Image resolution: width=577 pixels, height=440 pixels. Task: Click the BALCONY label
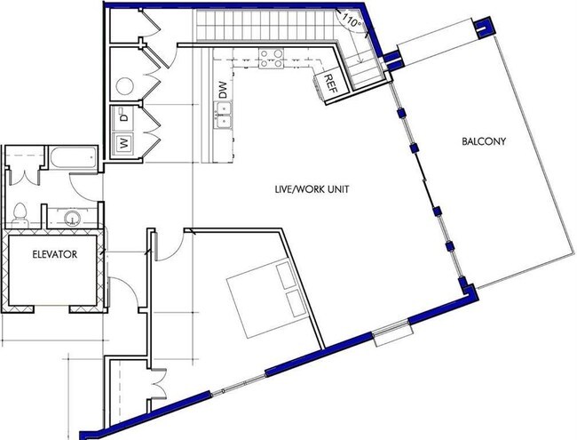coord(484,141)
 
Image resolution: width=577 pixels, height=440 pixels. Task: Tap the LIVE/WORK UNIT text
coord(312,189)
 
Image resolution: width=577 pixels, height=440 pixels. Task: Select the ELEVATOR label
coord(55,254)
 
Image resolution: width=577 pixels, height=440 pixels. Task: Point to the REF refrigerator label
coord(331,84)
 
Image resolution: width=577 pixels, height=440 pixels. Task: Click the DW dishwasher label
coord(224,90)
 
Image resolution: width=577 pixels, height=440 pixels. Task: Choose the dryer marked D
coord(124,115)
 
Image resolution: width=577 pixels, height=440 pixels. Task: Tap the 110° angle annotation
coord(352,20)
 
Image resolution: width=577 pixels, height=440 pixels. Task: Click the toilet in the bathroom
coord(20,216)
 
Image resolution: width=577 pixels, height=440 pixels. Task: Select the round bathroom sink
coord(72,219)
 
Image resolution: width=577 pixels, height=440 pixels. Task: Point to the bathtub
coord(73,158)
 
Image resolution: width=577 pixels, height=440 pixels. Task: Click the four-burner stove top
coord(272,59)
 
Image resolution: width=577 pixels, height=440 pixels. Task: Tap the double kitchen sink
coord(224,116)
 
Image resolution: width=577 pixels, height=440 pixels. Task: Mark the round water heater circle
coord(125,86)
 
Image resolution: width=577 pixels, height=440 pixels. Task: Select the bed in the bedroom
coord(267,298)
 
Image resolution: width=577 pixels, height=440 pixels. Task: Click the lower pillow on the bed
coord(296,303)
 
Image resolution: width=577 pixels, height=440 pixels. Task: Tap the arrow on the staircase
coord(359,49)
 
